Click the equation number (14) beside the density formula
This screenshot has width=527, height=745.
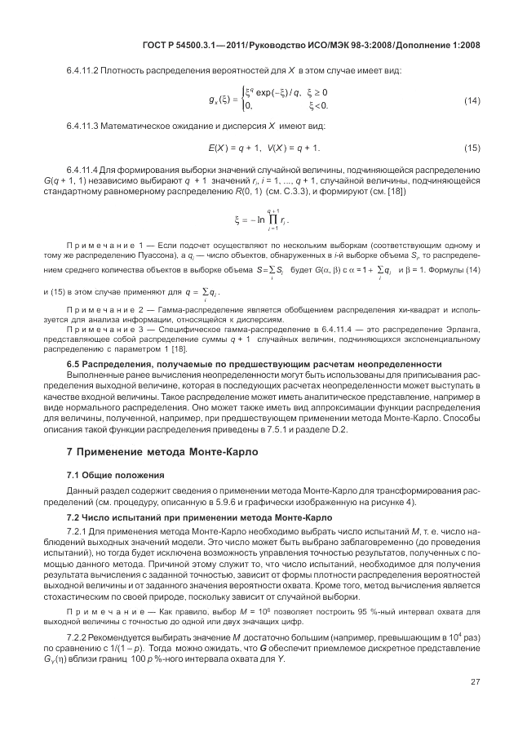click(x=471, y=100)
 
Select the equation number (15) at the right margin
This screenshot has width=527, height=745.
click(x=471, y=148)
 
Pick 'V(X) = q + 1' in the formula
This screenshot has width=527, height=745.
click(x=294, y=148)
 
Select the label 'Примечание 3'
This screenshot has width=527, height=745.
click(x=105, y=329)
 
